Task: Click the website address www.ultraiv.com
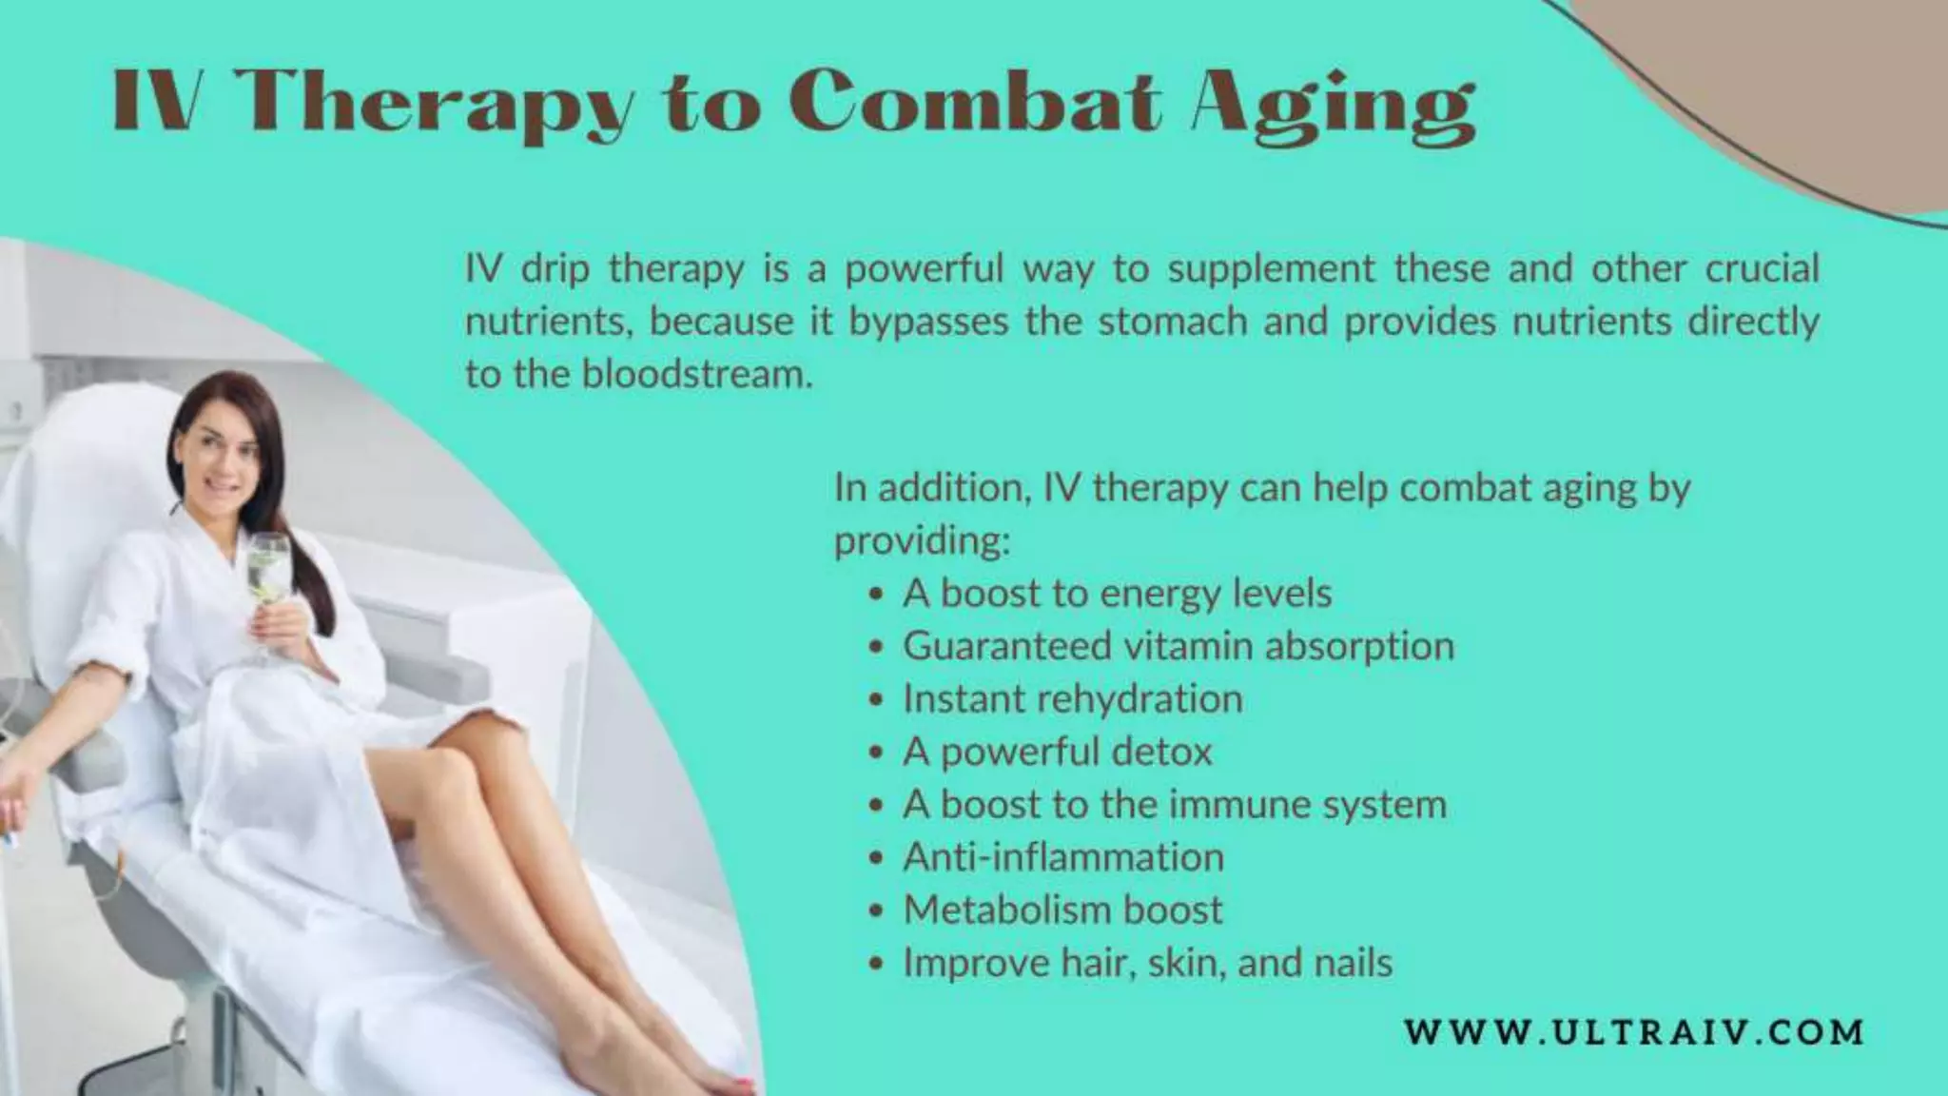point(1634,1032)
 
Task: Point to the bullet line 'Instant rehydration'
point(1072,699)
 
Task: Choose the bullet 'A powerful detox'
point(1057,752)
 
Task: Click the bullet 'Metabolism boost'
point(1062,910)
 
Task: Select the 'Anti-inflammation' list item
point(1062,857)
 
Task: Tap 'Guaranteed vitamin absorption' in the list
point(1178,646)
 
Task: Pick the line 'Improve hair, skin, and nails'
point(1147,963)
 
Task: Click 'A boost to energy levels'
point(1117,594)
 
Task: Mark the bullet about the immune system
point(1174,805)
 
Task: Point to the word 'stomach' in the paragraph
point(1172,322)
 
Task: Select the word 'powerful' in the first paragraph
point(924,269)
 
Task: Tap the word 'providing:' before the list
point(921,541)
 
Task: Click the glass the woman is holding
point(266,571)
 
